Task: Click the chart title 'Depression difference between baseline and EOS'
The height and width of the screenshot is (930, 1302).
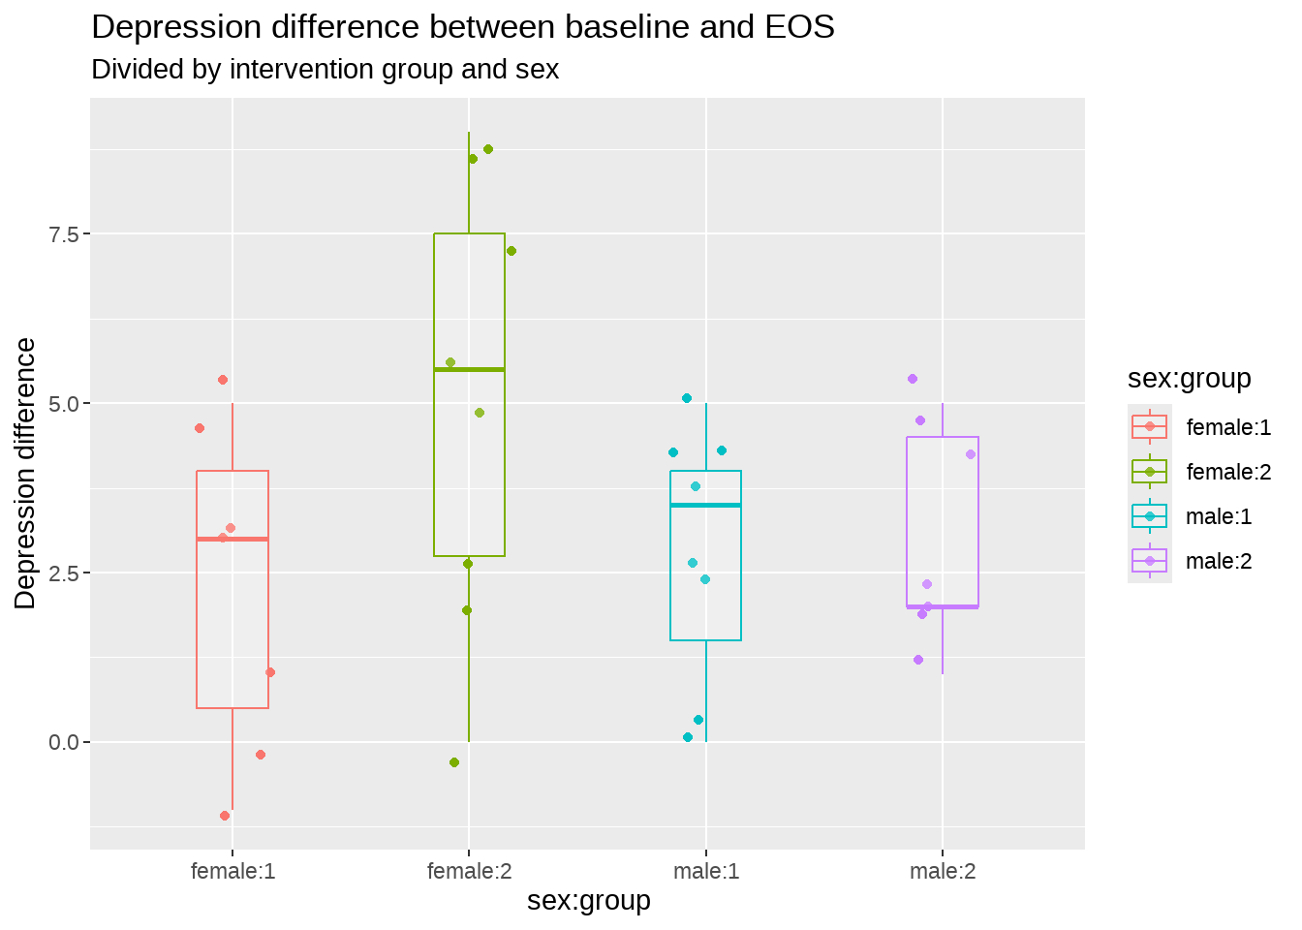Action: click(x=462, y=27)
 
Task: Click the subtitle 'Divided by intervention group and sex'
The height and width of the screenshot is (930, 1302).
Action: click(x=325, y=70)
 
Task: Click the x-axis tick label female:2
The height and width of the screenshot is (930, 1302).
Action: click(x=469, y=872)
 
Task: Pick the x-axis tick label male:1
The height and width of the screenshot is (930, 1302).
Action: click(x=706, y=872)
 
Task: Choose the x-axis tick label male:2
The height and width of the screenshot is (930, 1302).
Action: click(x=943, y=872)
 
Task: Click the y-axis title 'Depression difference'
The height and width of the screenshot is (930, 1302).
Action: click(x=26, y=474)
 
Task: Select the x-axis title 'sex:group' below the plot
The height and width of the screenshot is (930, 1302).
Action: click(x=589, y=901)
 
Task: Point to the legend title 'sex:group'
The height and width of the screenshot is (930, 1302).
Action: click(x=1189, y=379)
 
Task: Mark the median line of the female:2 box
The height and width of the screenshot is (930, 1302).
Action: click(x=469, y=369)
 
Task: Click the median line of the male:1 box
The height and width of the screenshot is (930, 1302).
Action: click(x=705, y=505)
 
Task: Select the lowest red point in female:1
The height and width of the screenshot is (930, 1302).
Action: click(x=225, y=816)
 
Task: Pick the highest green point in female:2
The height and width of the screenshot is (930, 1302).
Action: click(x=488, y=149)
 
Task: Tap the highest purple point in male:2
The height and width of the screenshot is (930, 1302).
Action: click(x=913, y=379)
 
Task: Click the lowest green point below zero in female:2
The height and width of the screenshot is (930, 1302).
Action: click(x=454, y=762)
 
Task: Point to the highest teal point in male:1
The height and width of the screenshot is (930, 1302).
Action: click(x=687, y=398)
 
